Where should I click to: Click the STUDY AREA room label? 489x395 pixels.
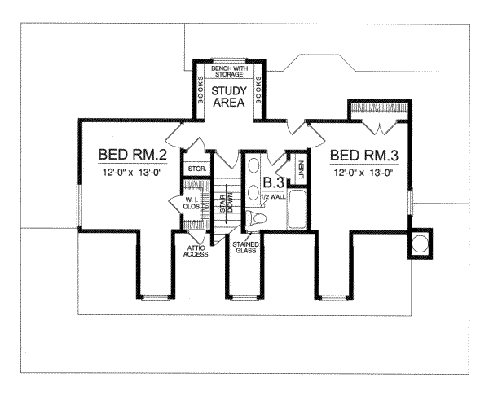[x=228, y=96]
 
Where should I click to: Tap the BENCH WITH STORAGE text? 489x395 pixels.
[x=228, y=72]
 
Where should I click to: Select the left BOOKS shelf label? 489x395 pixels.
[x=200, y=90]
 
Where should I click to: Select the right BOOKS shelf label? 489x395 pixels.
[x=258, y=90]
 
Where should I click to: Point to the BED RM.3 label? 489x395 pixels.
[x=355, y=154]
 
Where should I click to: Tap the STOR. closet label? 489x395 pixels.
[x=196, y=169]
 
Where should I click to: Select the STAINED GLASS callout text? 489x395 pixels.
[x=244, y=248]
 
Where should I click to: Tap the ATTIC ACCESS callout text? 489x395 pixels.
[x=196, y=251]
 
